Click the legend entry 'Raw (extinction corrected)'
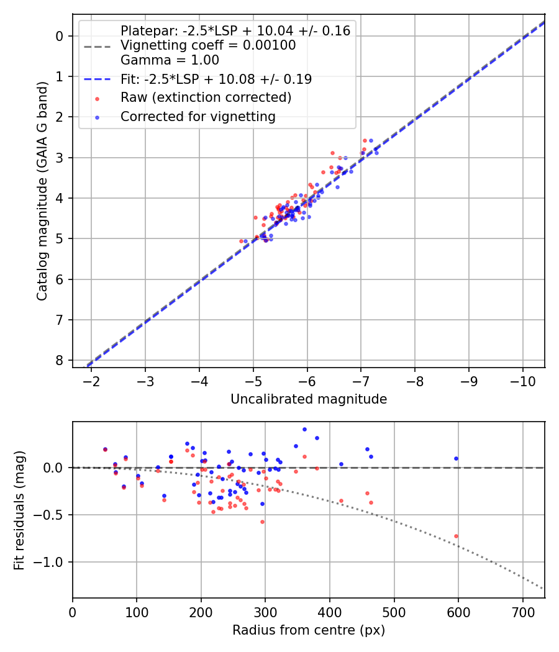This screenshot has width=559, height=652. coord(206,97)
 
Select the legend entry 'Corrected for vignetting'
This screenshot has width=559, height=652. coord(198,116)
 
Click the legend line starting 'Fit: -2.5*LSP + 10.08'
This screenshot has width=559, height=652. coord(216,79)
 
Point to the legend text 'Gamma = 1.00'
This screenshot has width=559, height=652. coord(170,60)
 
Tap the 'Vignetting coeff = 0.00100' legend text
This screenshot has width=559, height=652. coord(208,45)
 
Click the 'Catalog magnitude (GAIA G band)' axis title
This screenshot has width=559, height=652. coord(42,190)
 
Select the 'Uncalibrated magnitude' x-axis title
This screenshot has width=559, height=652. coord(309,399)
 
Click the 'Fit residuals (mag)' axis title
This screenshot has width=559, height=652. coord(20,510)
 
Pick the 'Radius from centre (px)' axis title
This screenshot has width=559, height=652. coord(309,630)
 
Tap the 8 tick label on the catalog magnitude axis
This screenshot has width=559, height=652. coord(60,361)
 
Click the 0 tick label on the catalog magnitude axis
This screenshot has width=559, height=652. coord(60,36)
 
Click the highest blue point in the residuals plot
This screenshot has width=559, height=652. coord(304,429)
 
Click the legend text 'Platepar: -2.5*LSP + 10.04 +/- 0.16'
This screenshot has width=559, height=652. coord(235,30)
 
